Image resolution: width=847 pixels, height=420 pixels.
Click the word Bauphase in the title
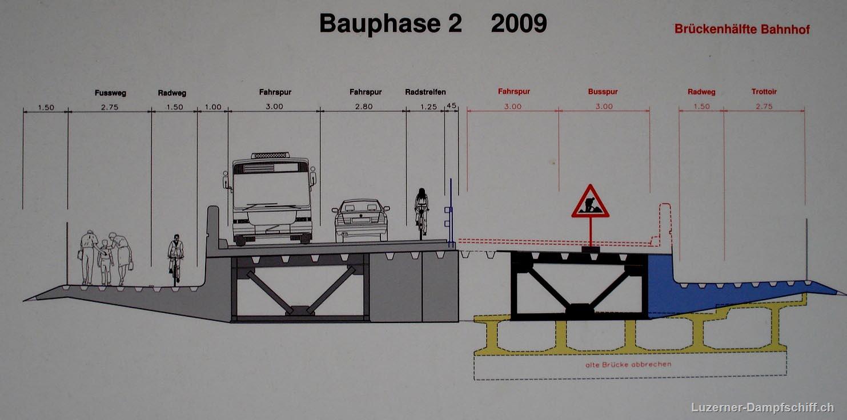[380, 24]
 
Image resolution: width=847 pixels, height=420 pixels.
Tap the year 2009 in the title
[519, 23]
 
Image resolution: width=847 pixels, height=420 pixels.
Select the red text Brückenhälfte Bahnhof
[742, 29]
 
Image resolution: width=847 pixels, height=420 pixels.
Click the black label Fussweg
[110, 93]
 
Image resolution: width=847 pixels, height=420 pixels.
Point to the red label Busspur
[603, 92]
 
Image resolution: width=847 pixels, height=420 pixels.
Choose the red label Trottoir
[764, 92]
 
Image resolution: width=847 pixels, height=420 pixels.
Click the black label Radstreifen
[425, 92]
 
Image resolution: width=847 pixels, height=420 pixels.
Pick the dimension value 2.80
[364, 107]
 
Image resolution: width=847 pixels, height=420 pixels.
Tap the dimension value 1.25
[428, 107]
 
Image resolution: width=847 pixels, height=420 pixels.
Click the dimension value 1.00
[213, 107]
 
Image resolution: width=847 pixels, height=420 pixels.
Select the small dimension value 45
[451, 106]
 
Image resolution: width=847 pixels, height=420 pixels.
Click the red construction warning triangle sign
[590, 201]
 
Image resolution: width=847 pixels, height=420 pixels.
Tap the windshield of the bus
[271, 190]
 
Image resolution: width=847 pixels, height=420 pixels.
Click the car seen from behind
[361, 221]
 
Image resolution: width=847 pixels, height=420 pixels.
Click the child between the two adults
[105, 262]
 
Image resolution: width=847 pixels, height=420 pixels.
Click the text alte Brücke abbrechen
[628, 365]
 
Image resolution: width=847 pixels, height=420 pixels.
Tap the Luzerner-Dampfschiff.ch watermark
[762, 407]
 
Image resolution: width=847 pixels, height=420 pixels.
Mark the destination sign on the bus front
[271, 168]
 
